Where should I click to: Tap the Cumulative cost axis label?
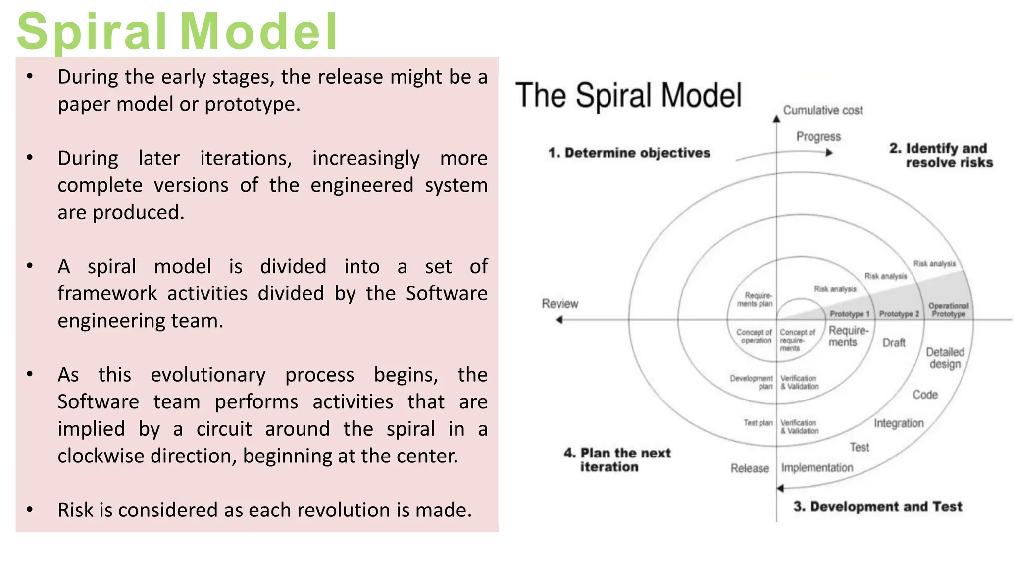(822, 110)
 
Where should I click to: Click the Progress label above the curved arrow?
(818, 136)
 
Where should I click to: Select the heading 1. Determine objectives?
(629, 153)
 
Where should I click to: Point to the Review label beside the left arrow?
(559, 303)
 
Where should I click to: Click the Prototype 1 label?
(849, 314)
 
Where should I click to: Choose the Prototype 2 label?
(899, 314)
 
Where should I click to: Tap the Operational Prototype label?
(948, 310)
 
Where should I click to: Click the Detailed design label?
(945, 358)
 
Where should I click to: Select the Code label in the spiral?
(925, 395)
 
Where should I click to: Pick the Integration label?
(899, 423)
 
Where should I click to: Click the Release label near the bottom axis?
(750, 468)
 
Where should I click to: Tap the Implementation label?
(817, 467)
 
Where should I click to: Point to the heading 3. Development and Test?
(877, 506)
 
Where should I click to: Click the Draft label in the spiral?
(894, 343)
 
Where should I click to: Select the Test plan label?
(758, 423)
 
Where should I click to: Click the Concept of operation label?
(754, 336)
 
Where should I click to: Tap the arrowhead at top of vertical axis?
(776, 119)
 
